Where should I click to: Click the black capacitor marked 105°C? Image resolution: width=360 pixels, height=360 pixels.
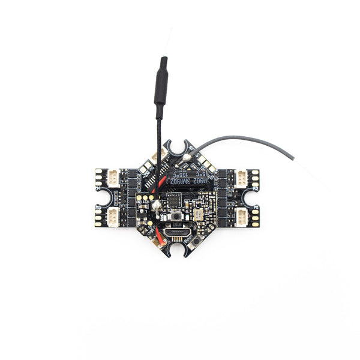pyautogui.click(x=186, y=176)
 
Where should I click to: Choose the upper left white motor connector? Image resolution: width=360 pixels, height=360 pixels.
pyautogui.click(x=115, y=178)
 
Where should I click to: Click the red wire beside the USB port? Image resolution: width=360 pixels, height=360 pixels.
pyautogui.click(x=161, y=233)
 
